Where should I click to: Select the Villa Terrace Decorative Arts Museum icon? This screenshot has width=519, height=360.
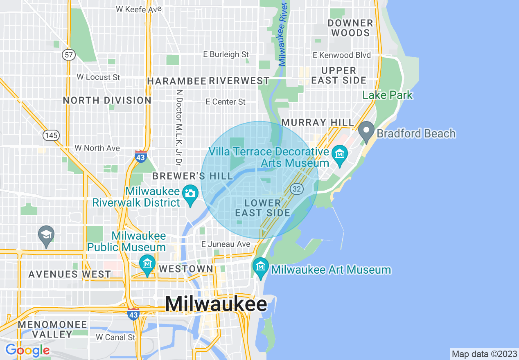point(340,155)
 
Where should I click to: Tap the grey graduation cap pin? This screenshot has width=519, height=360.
point(46,235)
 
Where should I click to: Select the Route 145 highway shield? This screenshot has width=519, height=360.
point(52,135)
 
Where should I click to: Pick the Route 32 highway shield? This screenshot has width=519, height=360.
point(297,189)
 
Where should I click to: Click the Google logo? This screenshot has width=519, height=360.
point(27,350)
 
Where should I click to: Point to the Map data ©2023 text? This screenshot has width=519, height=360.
point(484,354)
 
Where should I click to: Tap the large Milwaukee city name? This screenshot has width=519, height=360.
point(216,304)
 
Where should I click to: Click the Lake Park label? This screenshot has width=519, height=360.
point(387,95)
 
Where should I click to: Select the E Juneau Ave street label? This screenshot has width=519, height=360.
point(226,244)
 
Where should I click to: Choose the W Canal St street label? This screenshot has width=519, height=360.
point(115,337)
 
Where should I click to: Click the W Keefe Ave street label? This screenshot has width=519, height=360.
point(139,9)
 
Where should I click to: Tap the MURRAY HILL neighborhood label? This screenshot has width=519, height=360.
point(318,122)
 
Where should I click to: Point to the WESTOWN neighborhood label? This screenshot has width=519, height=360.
point(186,269)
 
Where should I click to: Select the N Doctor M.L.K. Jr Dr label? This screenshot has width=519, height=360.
point(178,128)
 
